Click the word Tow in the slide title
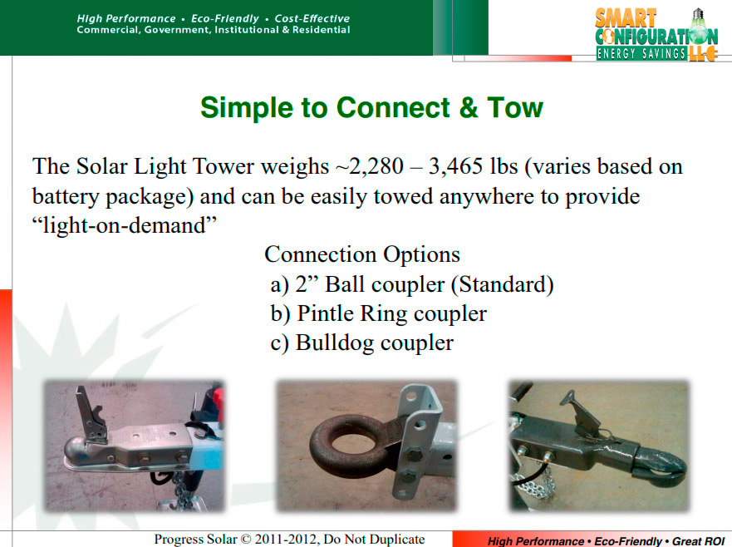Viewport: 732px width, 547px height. pos(515,107)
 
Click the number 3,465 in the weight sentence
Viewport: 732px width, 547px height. pos(455,166)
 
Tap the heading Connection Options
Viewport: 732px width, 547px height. pos(362,254)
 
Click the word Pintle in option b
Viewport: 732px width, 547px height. pos(326,313)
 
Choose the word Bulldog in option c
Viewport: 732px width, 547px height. pos(334,343)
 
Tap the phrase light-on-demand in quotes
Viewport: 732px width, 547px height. pos(125,225)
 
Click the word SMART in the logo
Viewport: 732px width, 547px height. pos(626,18)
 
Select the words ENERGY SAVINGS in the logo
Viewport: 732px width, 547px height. pos(641,54)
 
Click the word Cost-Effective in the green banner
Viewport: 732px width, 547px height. pos(312,18)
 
